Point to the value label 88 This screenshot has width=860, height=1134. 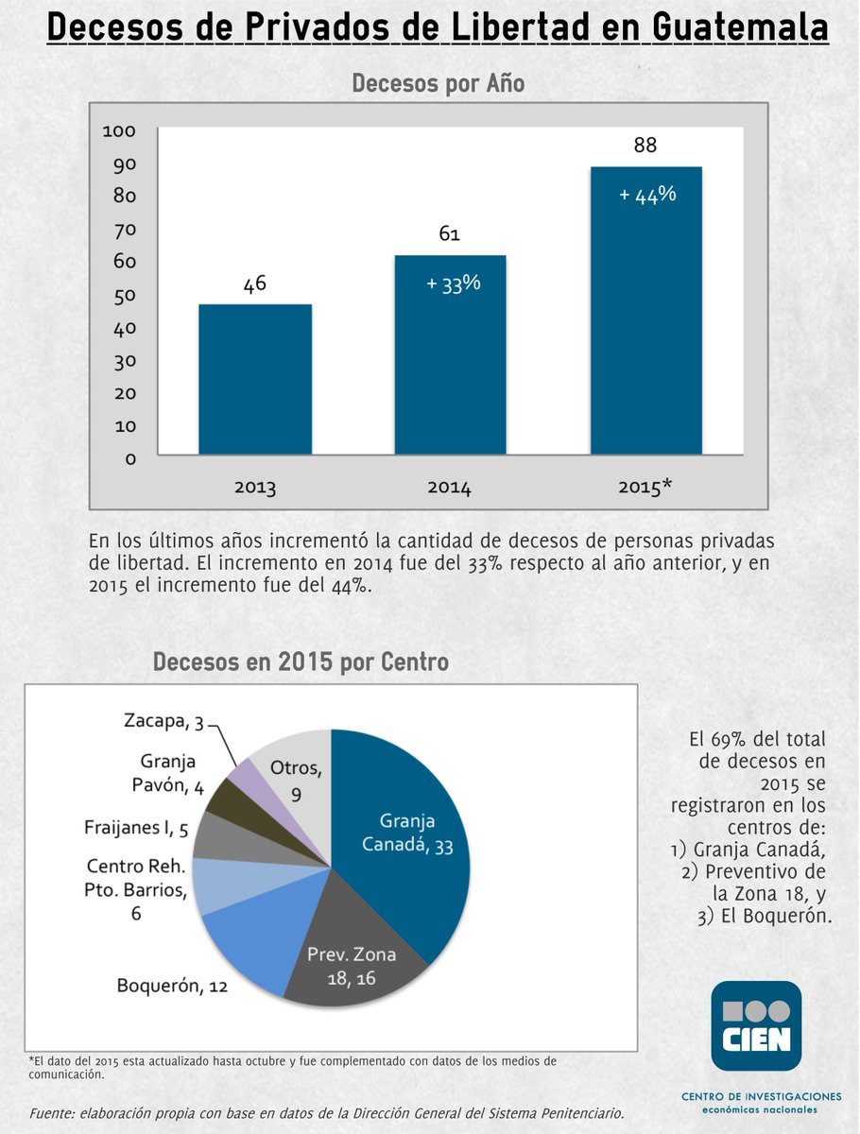tap(645, 146)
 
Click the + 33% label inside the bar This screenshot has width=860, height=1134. tap(454, 283)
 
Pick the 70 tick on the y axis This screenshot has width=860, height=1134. tap(126, 229)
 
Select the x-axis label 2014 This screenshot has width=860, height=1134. tap(449, 488)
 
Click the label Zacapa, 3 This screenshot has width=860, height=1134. tap(163, 722)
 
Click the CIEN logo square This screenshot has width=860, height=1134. tap(756, 1025)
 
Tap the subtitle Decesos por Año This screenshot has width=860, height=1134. tap(439, 83)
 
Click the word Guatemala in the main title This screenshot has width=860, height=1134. tap(740, 27)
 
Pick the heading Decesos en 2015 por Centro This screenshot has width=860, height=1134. tap(301, 661)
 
